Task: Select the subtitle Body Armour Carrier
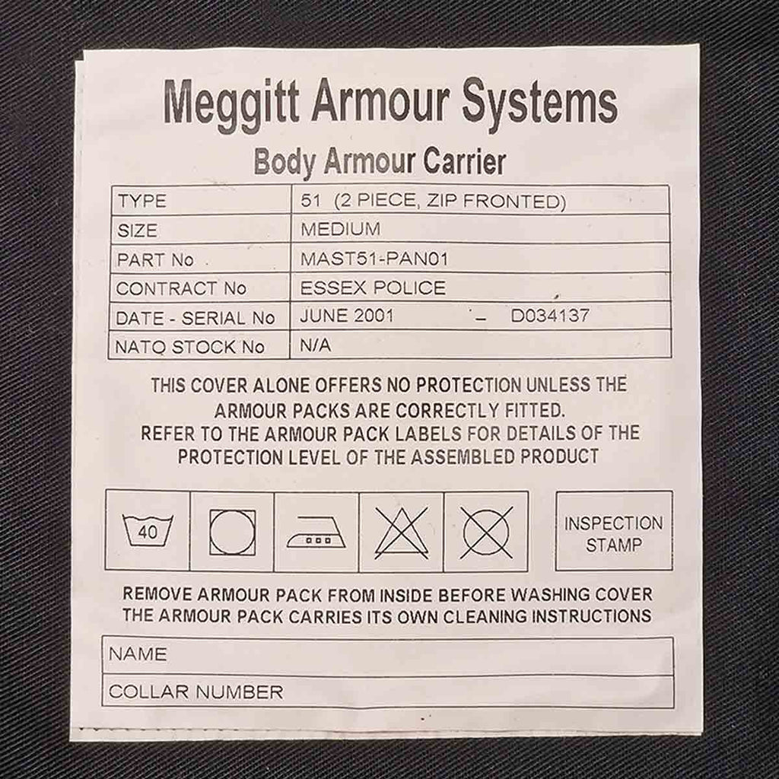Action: click(380, 162)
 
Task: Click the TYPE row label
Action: click(142, 202)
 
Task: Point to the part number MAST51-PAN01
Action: click(374, 259)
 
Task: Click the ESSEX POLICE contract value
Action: click(373, 288)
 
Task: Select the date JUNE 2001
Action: click(347, 316)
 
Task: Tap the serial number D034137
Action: click(549, 316)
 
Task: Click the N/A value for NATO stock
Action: click(315, 345)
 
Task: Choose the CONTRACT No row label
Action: click(181, 288)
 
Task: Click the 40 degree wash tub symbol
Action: click(148, 530)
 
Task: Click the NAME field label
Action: click(138, 654)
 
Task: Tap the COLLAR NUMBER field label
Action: click(196, 692)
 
